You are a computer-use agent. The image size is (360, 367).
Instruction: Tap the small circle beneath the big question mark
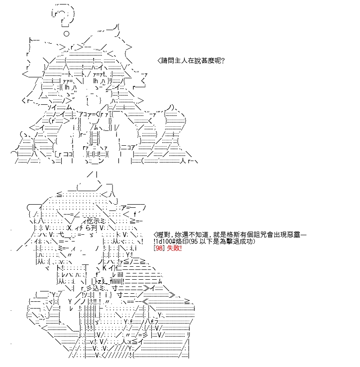tap(66, 34)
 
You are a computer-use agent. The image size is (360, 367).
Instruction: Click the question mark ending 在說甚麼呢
tap(222, 61)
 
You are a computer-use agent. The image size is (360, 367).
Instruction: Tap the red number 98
tap(159, 248)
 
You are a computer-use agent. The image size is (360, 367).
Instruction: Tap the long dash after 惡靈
tap(303, 234)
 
